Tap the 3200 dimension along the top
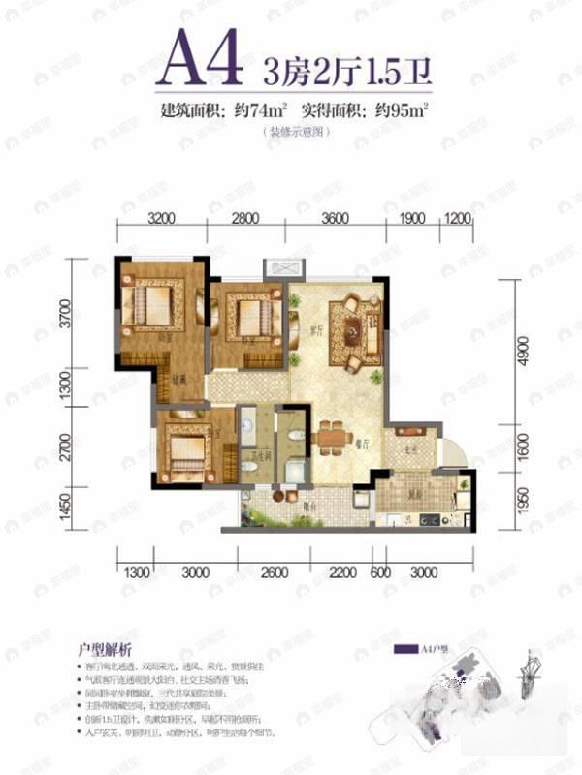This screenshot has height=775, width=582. tap(163, 218)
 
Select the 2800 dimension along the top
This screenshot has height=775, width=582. tap(246, 218)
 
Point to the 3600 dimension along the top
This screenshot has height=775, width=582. tap(334, 218)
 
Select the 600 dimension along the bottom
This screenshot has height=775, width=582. tap(380, 573)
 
